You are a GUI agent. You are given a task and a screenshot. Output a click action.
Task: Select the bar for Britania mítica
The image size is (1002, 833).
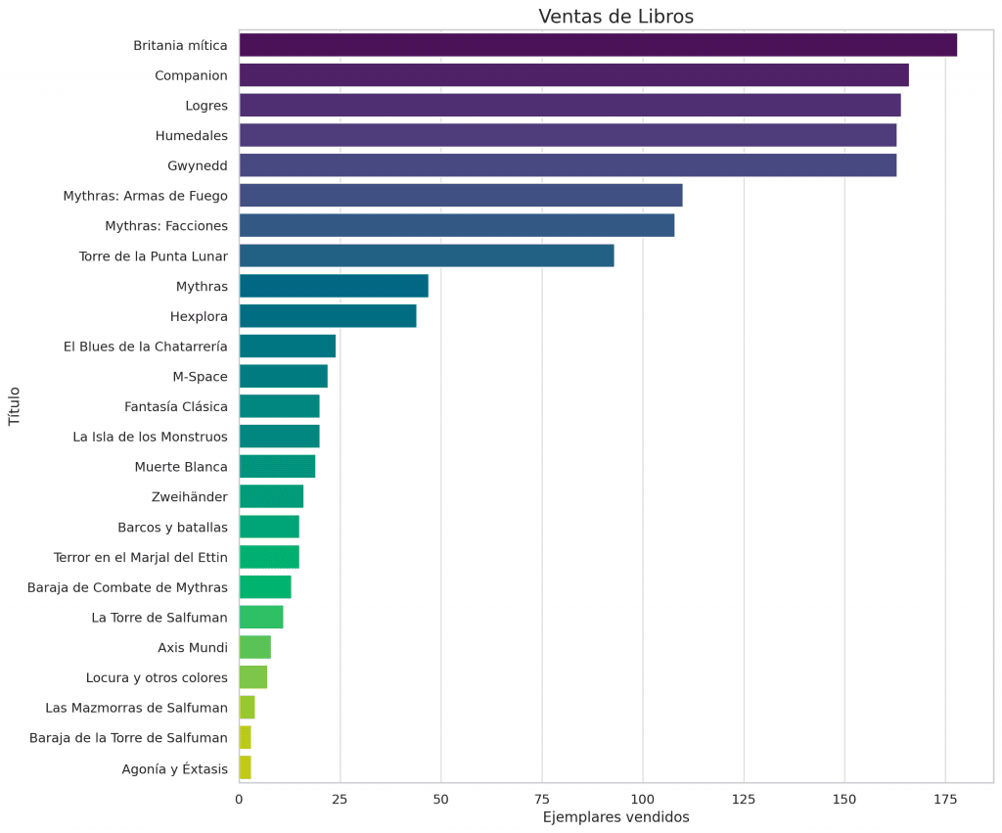pos(597,45)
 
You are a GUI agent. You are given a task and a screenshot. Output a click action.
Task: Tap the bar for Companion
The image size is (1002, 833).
pos(573,75)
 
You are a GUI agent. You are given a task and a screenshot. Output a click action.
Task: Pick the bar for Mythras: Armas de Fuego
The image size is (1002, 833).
pos(460,196)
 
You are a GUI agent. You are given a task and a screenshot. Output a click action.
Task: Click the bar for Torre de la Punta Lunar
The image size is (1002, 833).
pos(426,255)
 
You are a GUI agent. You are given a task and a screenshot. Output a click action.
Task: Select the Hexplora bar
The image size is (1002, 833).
pos(327,316)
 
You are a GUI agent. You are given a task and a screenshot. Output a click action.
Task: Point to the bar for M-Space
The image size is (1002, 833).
pos(283,376)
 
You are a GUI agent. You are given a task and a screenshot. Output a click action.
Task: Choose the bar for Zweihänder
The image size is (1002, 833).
pos(271,496)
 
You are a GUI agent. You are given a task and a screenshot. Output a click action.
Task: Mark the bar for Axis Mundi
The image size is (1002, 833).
pos(254,647)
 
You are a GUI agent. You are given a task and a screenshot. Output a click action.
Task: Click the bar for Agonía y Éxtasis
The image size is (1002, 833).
pos(245,767)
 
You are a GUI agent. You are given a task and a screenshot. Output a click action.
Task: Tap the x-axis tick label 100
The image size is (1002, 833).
pos(643,800)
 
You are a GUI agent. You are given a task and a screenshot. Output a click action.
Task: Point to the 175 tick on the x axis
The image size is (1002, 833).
pos(945,800)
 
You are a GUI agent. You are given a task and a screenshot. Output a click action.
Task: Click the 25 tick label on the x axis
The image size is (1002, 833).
pos(340,800)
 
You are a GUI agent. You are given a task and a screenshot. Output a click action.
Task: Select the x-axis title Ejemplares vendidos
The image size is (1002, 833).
pos(615,817)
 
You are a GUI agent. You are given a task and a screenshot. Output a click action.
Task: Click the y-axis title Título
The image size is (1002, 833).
pos(14,406)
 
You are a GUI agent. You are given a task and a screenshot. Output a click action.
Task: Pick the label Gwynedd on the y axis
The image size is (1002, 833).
pos(198,165)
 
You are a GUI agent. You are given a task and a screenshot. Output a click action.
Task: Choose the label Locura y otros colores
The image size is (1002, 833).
pos(157,677)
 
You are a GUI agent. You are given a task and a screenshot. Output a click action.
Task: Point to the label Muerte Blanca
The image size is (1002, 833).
pos(181,467)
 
